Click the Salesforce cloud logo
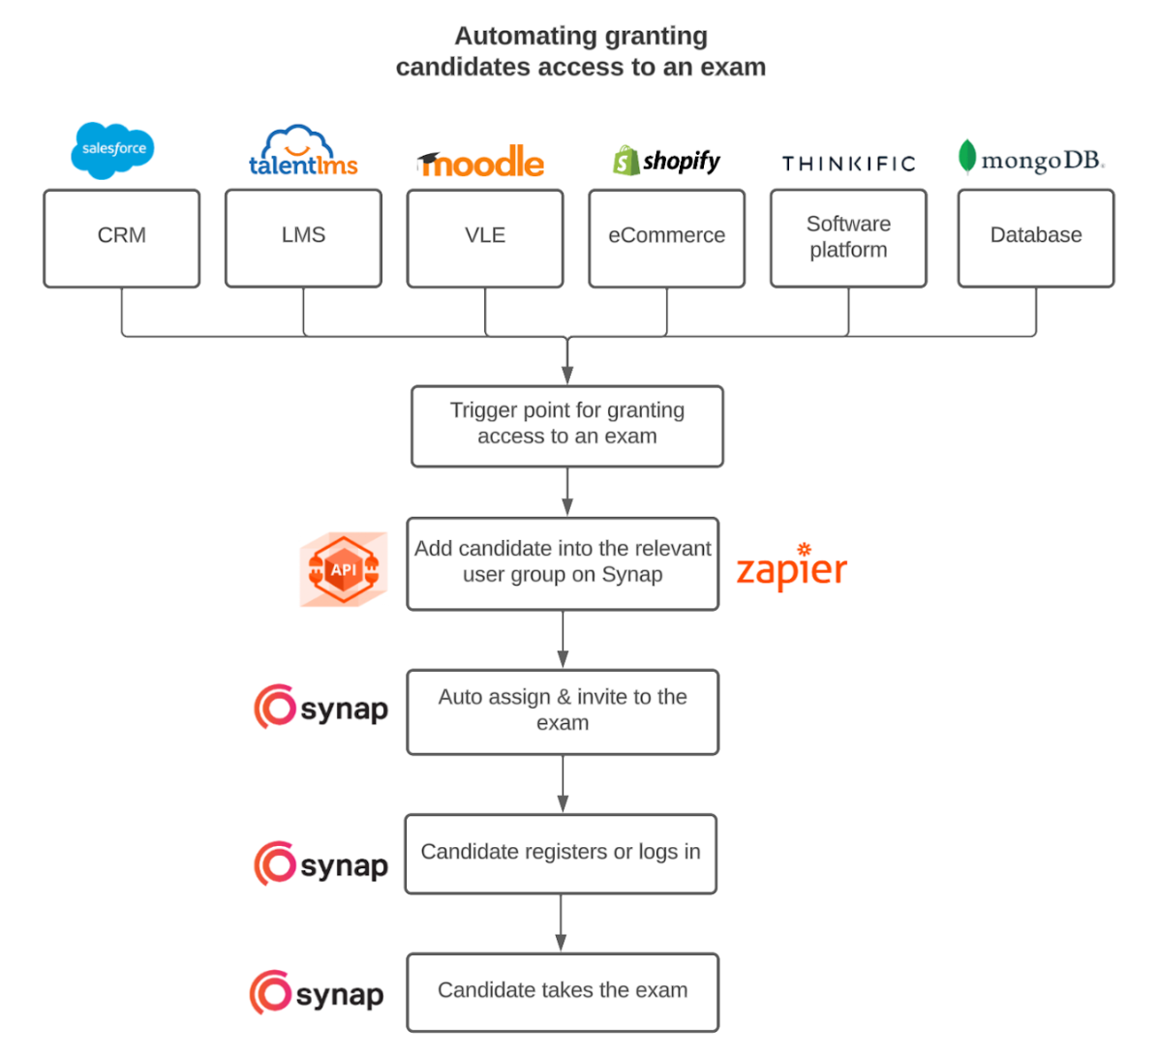pyautogui.click(x=113, y=150)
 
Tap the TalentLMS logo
pyautogui.click(x=303, y=153)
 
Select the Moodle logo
pyautogui.click(x=481, y=162)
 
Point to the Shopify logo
pyautogui.click(x=666, y=161)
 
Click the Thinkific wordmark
pyautogui.click(x=848, y=164)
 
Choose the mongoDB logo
pyautogui.click(x=1030, y=159)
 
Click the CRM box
pyautogui.click(x=122, y=238)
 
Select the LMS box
pyautogui.click(x=303, y=238)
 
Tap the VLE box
pyautogui.click(x=485, y=238)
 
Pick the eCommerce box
pyautogui.click(x=667, y=238)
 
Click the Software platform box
pyautogui.click(x=848, y=238)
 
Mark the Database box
pyautogui.click(x=1036, y=238)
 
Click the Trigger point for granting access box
pyautogui.click(x=567, y=426)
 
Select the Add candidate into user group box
pyautogui.click(x=563, y=563)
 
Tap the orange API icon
pyautogui.click(x=344, y=569)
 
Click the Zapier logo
pyautogui.click(x=791, y=568)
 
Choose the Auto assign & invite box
pyautogui.click(x=563, y=711)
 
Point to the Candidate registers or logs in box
pyautogui.click(x=561, y=854)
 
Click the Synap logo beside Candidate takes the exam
pyautogui.click(x=317, y=993)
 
